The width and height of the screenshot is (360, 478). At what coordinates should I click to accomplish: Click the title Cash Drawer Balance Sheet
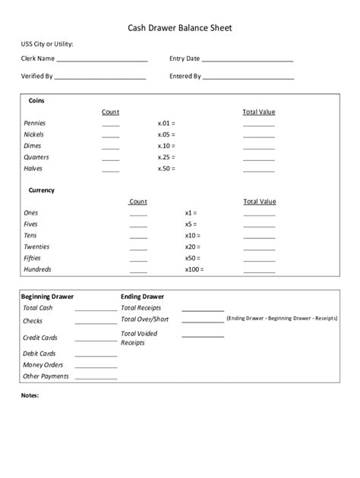click(179, 28)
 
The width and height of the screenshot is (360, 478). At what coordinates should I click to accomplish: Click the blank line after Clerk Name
click(102, 59)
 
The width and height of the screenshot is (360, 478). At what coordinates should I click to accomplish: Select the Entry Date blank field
click(248, 59)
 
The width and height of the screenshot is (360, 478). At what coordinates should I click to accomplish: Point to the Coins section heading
click(36, 100)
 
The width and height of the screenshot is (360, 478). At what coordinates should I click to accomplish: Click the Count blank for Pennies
click(110, 124)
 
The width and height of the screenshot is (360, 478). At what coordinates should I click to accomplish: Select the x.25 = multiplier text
click(166, 157)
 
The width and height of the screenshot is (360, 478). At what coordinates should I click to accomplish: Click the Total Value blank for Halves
click(258, 170)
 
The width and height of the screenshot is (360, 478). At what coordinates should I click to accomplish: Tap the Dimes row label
click(33, 146)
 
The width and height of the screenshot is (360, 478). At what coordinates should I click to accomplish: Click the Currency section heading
click(42, 190)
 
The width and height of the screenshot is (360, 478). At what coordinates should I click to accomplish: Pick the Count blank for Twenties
click(138, 248)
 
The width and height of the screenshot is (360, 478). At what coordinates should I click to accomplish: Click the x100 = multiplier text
click(194, 269)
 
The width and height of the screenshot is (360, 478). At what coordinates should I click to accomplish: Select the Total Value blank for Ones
click(259, 215)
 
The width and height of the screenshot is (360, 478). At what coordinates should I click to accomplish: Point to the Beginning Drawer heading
click(47, 297)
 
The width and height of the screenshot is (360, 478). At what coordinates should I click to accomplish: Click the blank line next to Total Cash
click(96, 310)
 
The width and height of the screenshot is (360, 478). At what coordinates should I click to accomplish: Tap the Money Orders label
click(43, 365)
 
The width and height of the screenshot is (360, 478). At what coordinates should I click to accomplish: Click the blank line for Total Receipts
click(203, 310)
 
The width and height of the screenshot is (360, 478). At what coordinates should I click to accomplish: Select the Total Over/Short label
click(145, 319)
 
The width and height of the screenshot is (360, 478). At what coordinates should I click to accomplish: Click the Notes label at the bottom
click(30, 395)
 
